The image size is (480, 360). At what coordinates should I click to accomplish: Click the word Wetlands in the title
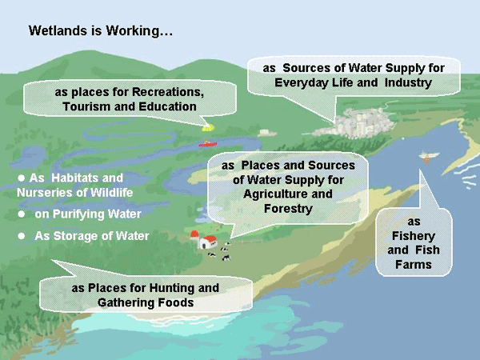57,33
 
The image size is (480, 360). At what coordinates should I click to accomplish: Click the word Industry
407,82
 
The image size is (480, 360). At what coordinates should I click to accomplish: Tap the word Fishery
413,235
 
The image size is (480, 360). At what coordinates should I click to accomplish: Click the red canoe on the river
208,144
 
